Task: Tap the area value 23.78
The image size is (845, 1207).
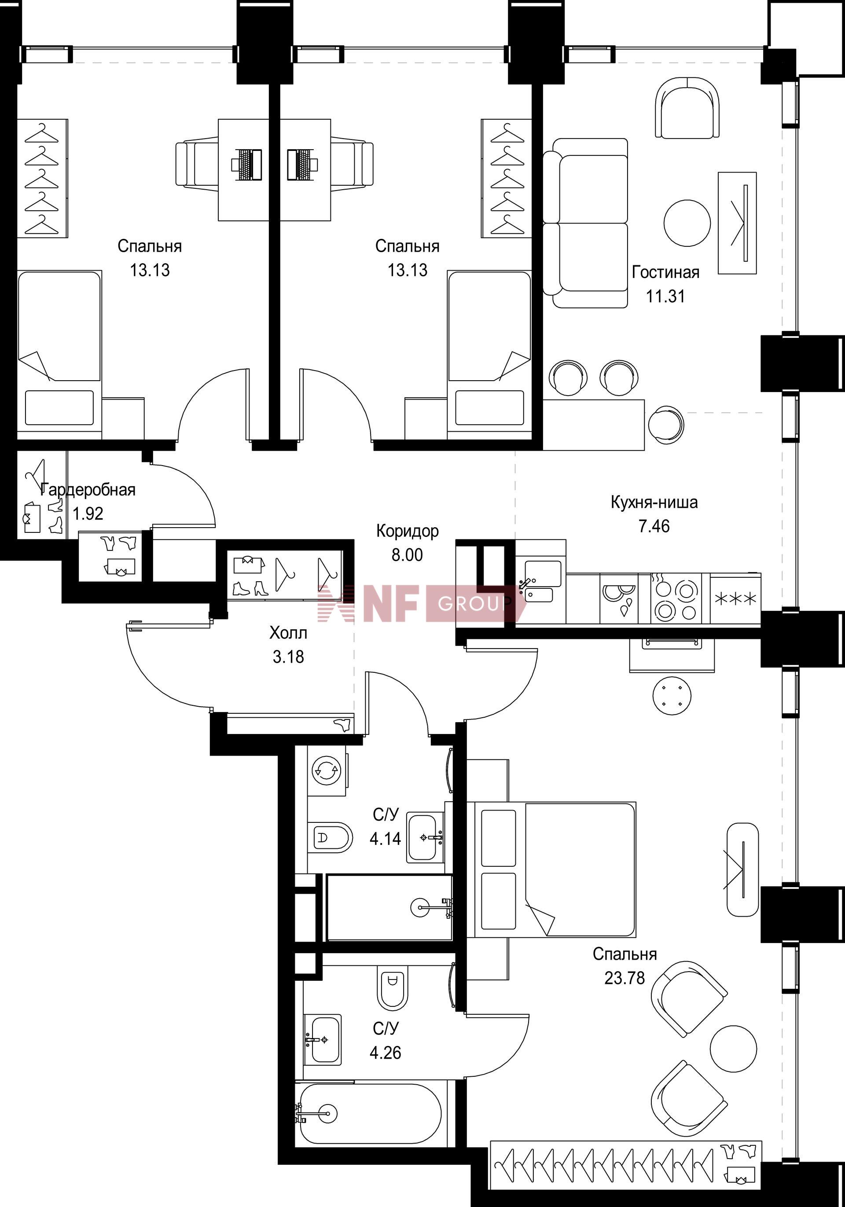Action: tap(624, 978)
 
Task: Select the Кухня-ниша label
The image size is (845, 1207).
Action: tap(654, 502)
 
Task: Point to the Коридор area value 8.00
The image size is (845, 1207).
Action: tap(407, 554)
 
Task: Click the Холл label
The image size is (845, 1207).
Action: tap(288, 632)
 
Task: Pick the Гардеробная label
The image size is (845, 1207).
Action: tap(88, 489)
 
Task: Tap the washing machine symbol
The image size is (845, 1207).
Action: tap(327, 770)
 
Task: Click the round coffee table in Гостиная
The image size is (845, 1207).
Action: tap(687, 223)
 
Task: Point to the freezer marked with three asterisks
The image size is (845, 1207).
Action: tap(735, 598)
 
